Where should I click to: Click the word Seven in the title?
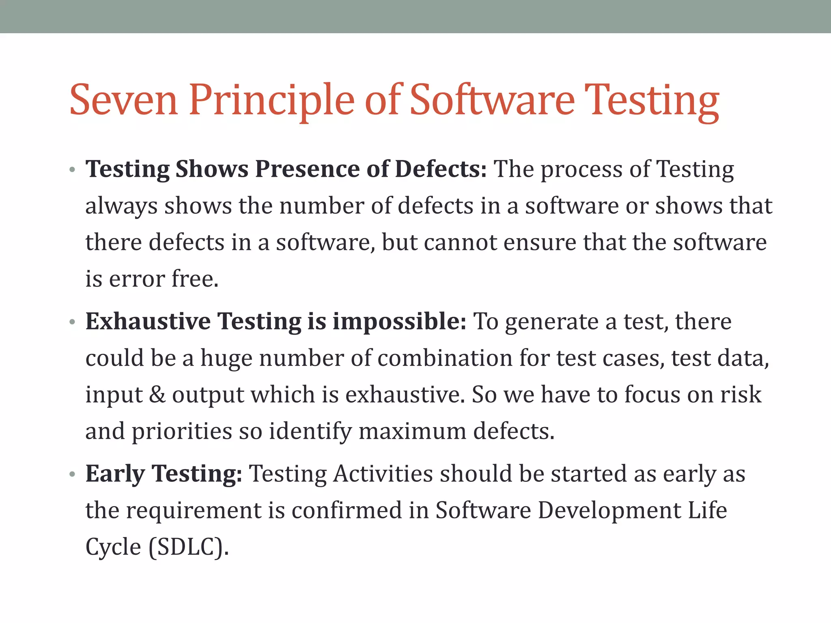click(123, 100)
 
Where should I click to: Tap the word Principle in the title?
click(271, 100)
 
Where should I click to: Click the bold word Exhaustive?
click(148, 321)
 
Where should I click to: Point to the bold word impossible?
click(399, 321)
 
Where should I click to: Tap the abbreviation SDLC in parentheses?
click(186, 547)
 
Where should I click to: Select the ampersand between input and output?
click(157, 395)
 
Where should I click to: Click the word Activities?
click(383, 473)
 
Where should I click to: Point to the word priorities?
click(181, 431)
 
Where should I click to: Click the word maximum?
click(412, 431)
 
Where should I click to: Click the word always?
click(121, 206)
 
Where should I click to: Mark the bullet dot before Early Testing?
click(72, 474)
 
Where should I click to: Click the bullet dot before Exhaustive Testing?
click(72, 322)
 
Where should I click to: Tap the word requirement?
click(194, 510)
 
